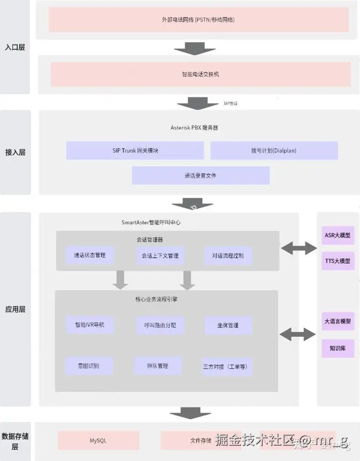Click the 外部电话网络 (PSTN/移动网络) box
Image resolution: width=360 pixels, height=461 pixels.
coord(198,20)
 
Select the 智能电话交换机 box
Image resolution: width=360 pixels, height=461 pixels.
coord(201,74)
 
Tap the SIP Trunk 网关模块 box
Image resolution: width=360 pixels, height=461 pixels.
coord(135,150)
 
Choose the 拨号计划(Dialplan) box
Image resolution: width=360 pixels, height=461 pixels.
coord(274,150)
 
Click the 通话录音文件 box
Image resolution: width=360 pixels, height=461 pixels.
coord(201,176)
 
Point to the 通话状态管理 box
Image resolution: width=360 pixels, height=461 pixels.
coord(90,255)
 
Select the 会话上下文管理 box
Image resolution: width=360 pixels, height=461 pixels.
coord(160,256)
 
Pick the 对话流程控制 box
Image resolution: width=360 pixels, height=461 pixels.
coord(228,256)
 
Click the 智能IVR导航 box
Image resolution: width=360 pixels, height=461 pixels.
coord(90,325)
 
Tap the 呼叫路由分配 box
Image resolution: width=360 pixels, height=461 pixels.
coord(160,325)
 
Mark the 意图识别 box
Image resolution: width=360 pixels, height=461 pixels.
coord(89,366)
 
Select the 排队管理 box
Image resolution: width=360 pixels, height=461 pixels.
coord(158,366)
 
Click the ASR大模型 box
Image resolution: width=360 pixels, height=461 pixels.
coord(338,235)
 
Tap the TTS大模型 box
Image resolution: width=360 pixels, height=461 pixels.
coord(338,261)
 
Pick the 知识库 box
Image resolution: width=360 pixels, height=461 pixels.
coord(338,349)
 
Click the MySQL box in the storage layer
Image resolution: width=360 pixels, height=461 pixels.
coord(98,441)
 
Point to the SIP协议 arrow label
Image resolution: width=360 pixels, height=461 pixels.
coord(231,103)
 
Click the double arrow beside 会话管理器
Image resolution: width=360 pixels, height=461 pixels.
coord(298,247)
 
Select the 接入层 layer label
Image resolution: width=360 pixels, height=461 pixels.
coord(16,153)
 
